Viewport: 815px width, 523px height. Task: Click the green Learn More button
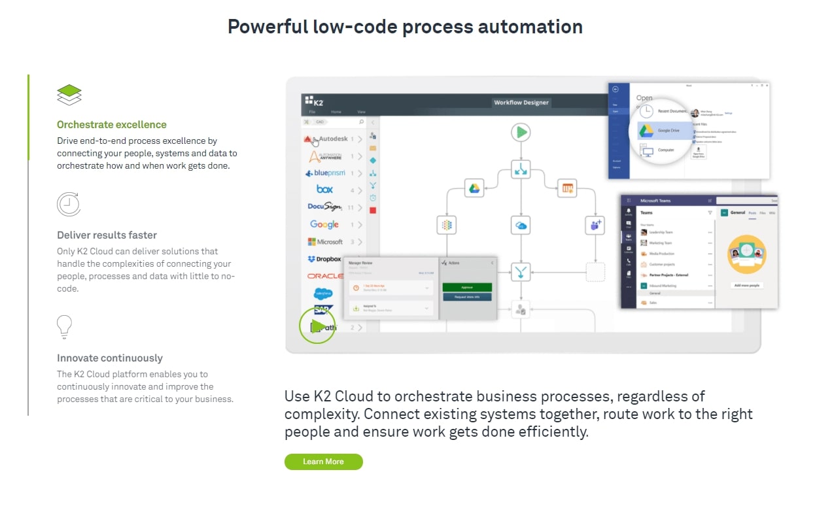323,462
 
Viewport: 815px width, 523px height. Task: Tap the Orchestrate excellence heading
112,125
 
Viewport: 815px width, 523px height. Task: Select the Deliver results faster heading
107,235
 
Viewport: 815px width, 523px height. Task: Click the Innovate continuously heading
110,358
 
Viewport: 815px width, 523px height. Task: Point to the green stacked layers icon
69,95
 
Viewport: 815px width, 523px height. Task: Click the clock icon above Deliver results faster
68,205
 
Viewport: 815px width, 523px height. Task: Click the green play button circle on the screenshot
317,325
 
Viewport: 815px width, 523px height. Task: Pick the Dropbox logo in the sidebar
324,259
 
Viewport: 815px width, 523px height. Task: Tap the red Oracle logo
325,277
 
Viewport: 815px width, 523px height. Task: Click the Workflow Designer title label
521,103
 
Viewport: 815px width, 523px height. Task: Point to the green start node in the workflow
521,133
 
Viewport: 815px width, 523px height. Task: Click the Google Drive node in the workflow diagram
474,188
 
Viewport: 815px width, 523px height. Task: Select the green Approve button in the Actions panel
466,287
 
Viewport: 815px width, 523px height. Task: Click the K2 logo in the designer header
315,101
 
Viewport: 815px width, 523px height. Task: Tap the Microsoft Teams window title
655,201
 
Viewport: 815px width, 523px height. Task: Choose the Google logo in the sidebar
324,224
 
